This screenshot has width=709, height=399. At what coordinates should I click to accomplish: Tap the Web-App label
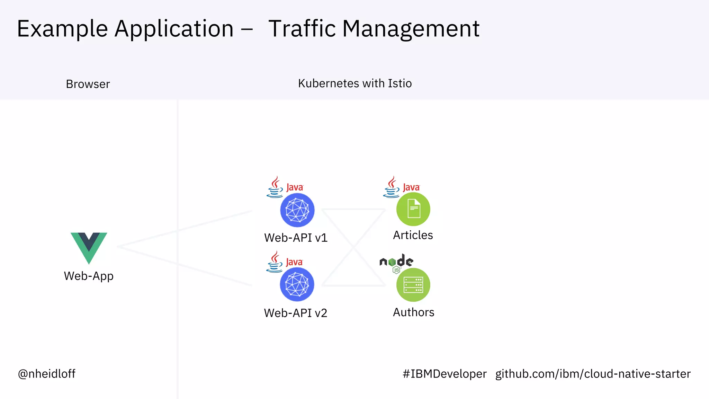(x=89, y=276)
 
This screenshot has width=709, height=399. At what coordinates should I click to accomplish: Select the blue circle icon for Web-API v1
(x=297, y=210)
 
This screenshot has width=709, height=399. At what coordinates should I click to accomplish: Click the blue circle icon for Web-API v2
(x=297, y=285)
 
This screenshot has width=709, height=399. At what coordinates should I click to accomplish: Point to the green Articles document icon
(x=413, y=209)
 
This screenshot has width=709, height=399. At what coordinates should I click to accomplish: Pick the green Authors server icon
(x=413, y=285)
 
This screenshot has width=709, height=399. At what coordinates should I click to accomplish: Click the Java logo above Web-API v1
(x=285, y=187)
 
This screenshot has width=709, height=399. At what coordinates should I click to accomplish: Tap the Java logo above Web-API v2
(x=285, y=262)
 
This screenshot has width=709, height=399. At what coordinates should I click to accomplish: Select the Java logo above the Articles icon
(x=401, y=187)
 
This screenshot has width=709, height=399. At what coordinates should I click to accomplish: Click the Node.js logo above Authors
(x=396, y=263)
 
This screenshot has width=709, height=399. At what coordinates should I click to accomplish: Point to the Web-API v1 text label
(x=296, y=238)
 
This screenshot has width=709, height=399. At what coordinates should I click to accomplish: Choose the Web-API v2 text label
(x=295, y=313)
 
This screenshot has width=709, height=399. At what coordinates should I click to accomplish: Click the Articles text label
(x=413, y=235)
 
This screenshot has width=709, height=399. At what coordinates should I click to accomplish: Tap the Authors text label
(x=413, y=312)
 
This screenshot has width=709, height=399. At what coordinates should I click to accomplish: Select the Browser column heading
(x=88, y=84)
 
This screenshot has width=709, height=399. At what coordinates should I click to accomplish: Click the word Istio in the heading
(x=400, y=83)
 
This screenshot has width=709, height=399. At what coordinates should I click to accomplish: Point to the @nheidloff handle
(x=47, y=374)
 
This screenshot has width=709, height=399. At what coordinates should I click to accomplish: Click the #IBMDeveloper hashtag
(x=445, y=374)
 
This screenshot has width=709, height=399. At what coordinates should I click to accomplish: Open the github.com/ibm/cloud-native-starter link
(x=593, y=374)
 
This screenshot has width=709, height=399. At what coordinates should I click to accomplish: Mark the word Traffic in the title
(x=302, y=28)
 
